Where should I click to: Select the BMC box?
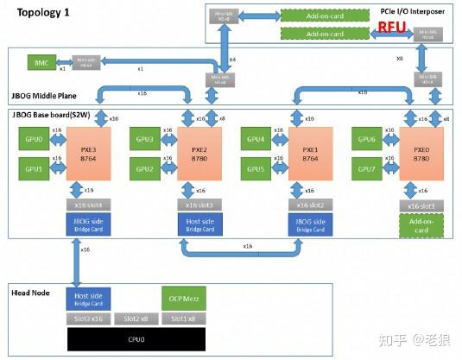pos(41,63)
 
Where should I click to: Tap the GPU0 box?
pos(33,139)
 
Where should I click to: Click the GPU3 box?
pos(145,139)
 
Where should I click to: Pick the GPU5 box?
pos(257,169)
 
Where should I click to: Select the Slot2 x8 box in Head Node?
pos(134,319)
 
